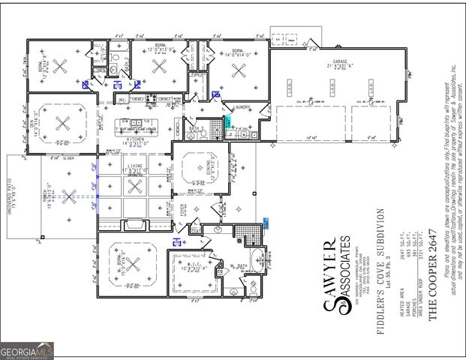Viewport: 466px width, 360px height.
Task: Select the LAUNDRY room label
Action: pos(242,107)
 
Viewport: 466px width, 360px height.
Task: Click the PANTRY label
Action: pos(198,75)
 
